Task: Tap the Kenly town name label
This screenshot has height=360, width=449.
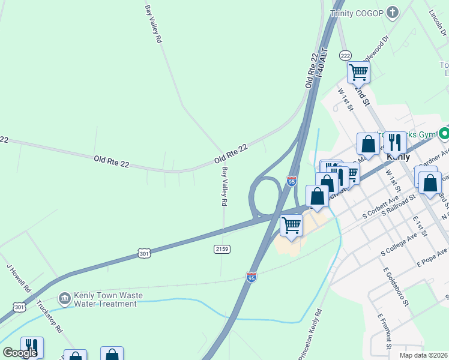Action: click(x=399, y=157)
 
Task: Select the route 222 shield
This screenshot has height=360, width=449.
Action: click(x=345, y=55)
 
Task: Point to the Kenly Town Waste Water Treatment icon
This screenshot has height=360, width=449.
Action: click(x=65, y=298)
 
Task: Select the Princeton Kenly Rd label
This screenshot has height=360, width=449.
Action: click(x=310, y=334)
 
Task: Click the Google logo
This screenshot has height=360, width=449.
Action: click(x=20, y=353)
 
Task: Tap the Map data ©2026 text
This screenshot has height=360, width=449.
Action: click(x=423, y=355)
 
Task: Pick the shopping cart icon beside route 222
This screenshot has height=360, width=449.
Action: click(x=359, y=73)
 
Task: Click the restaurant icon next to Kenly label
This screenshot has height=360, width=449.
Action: click(x=394, y=142)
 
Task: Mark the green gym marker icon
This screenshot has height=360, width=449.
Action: click(x=444, y=133)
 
